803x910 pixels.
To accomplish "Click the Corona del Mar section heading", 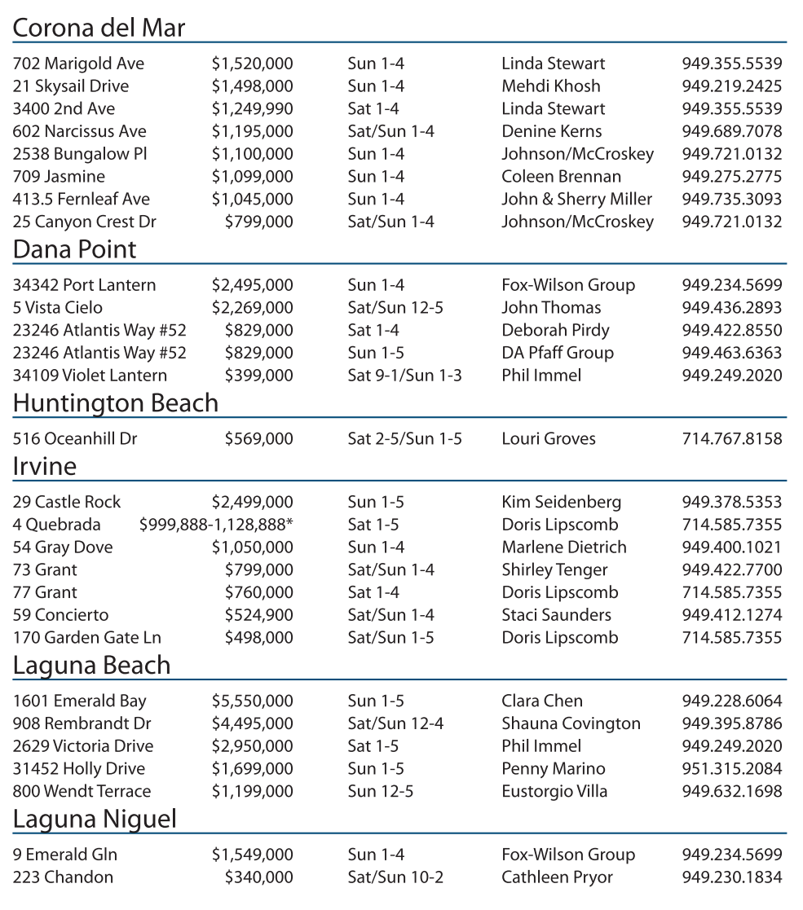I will click(x=99, y=29).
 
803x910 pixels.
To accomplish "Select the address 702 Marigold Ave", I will click(x=78, y=64).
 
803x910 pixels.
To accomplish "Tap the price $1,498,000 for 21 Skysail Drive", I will click(x=252, y=86).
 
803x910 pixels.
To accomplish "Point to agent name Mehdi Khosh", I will click(x=550, y=86).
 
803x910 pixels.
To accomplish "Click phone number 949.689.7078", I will click(x=731, y=131).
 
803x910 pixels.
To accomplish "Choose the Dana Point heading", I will click(x=74, y=249).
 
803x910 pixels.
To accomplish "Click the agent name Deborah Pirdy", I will click(x=555, y=331).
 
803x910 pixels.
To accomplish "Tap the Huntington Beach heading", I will click(x=116, y=403).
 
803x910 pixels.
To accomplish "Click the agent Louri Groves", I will click(x=548, y=439).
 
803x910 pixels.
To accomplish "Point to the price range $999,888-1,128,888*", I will click(x=216, y=525).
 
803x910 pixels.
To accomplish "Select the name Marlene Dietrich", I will click(x=563, y=547).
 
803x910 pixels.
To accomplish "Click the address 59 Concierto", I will click(x=60, y=615).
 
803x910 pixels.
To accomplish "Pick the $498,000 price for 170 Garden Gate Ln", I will click(x=258, y=638).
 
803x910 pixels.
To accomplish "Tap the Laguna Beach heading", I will click(x=91, y=666).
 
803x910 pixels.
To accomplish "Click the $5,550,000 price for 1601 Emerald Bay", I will click(x=252, y=701).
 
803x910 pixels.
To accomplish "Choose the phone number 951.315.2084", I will click(x=731, y=769).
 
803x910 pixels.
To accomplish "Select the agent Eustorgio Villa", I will click(x=554, y=792).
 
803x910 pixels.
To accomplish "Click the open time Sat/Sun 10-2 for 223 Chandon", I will click(x=395, y=877).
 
